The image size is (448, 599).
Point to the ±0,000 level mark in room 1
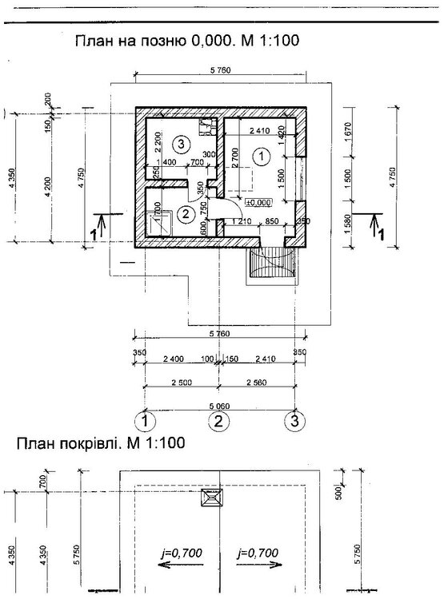(260, 202)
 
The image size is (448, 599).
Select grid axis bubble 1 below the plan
(144, 419)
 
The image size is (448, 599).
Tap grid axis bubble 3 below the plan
(295, 419)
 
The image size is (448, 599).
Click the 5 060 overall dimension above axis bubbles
(218, 403)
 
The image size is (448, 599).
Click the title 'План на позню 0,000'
(186, 41)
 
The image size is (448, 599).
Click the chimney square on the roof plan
(212, 498)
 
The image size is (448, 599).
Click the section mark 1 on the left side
(96, 228)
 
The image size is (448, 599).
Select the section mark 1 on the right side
(377, 228)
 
